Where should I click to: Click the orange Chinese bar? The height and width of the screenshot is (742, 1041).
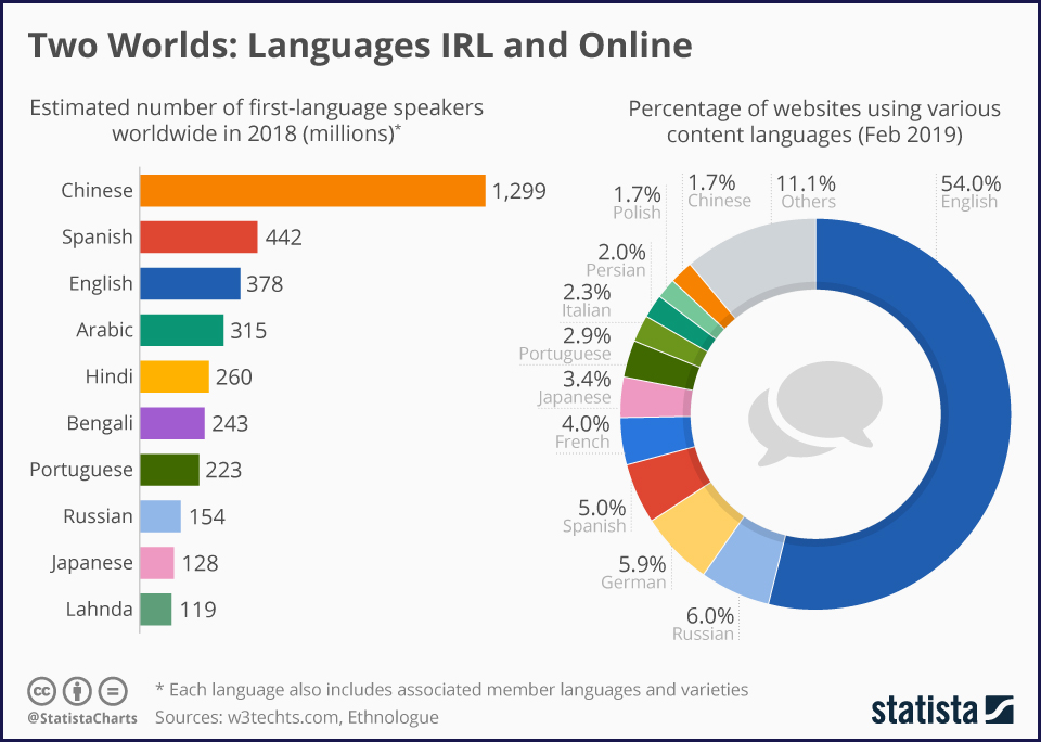click(x=312, y=190)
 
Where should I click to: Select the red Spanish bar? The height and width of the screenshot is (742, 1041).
click(x=198, y=237)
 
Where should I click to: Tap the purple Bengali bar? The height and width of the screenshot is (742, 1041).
click(x=172, y=423)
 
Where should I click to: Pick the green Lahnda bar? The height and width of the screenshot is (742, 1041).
click(x=156, y=609)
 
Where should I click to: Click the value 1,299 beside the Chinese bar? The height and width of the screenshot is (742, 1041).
click(x=519, y=191)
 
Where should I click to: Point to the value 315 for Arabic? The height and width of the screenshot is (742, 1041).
click(x=248, y=330)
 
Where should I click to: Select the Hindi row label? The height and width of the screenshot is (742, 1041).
click(x=109, y=376)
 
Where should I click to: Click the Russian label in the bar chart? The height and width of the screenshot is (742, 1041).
click(x=98, y=516)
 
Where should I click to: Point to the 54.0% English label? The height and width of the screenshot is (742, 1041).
click(x=970, y=191)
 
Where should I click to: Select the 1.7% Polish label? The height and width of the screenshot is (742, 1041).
click(x=637, y=202)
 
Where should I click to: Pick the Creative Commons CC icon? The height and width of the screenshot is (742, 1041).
click(x=42, y=692)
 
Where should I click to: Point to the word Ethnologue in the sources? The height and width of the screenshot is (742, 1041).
click(x=393, y=717)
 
